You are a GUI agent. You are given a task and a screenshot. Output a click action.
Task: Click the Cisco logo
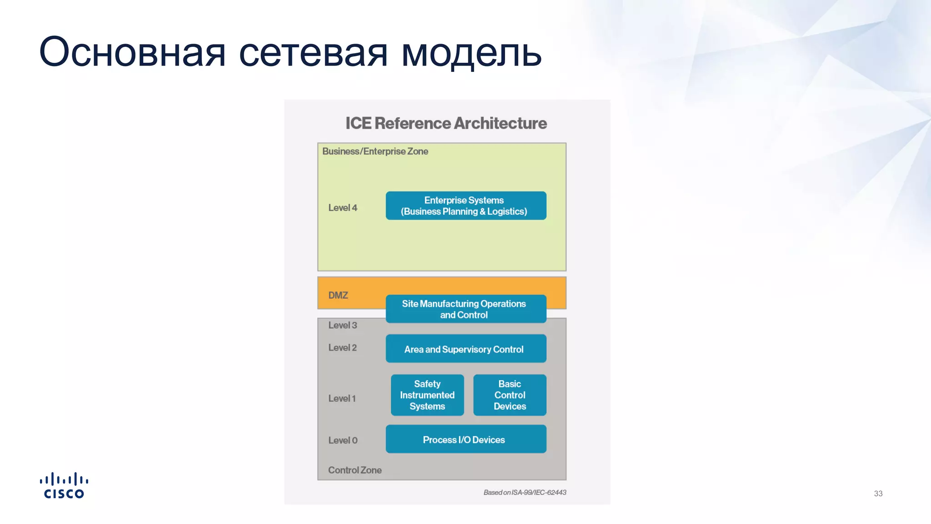coord(64,486)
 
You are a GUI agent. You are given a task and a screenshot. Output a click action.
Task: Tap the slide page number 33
coord(878,494)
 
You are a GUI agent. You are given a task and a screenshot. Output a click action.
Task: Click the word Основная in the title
coord(132,52)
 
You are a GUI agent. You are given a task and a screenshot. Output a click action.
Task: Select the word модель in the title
coord(471,53)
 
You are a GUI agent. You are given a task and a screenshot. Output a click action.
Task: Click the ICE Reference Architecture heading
coord(446,123)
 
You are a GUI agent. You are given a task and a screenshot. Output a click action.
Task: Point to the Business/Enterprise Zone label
coord(375,151)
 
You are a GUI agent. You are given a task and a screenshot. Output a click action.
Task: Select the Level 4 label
coord(343,208)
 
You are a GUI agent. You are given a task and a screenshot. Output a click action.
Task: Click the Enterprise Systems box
coord(465,206)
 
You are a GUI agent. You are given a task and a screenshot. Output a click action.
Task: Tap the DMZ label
coord(338,295)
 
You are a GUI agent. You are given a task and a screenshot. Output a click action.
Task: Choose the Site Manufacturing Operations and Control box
coord(465,309)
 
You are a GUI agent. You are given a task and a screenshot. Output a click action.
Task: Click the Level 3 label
coord(343,325)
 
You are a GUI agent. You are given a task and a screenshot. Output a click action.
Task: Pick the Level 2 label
coord(342,348)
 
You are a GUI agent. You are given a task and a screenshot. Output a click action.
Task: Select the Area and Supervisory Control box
coord(465,349)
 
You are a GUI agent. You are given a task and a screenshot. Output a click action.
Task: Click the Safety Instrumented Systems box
coord(427,395)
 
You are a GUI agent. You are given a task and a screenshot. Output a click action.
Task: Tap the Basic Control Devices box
coord(510,395)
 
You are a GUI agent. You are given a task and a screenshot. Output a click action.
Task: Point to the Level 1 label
coord(342,398)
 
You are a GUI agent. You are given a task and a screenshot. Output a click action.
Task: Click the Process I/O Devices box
coord(465,439)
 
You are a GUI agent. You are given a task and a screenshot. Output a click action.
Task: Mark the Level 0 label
coord(343,440)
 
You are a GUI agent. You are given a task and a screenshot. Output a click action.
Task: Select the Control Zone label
coord(355,470)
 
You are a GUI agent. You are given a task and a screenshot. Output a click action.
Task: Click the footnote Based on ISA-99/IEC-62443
coord(525,493)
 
